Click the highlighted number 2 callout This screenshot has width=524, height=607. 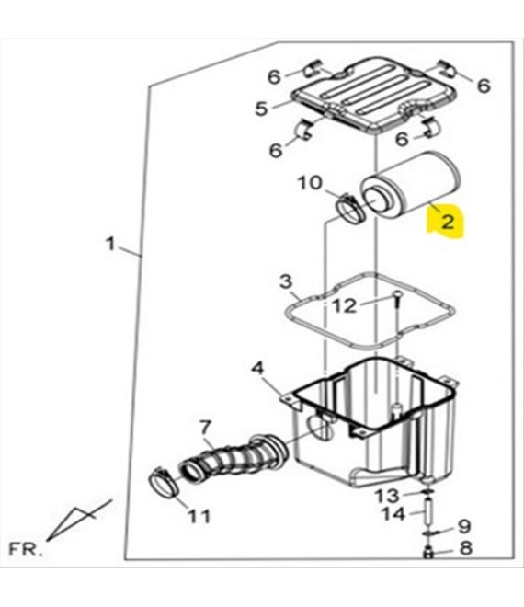(x=448, y=223)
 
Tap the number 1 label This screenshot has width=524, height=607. (x=110, y=245)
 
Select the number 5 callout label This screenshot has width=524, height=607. (x=262, y=109)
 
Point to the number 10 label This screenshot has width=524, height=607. (x=310, y=183)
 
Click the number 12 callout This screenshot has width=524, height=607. (x=345, y=306)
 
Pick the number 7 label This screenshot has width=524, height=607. (x=205, y=428)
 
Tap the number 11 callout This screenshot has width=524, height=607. (x=199, y=516)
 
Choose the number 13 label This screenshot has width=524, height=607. (x=387, y=496)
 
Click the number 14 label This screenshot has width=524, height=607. (x=393, y=514)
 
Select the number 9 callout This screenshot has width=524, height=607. (x=464, y=526)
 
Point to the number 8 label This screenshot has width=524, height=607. (x=465, y=548)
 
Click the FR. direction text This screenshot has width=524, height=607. (x=25, y=550)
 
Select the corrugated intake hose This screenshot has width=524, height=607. (x=234, y=458)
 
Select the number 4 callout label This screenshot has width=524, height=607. (x=257, y=368)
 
